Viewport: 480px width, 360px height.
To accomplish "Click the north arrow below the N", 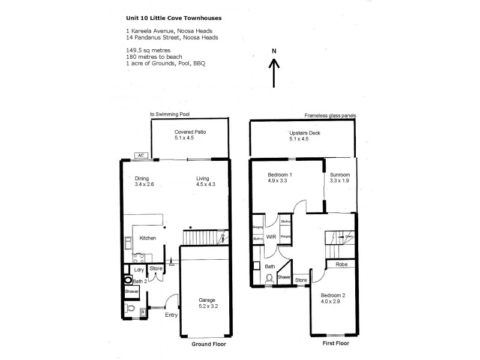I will [x=274, y=74].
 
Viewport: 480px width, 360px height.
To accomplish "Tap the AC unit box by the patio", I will [x=142, y=155].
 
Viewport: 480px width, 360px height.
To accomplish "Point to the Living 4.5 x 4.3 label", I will [x=206, y=181].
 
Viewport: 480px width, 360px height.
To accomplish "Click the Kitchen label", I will [x=148, y=238].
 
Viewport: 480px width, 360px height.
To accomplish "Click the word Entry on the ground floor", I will [x=170, y=316].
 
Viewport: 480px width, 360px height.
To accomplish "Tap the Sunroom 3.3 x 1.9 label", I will [x=340, y=178].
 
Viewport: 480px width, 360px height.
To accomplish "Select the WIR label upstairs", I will [x=271, y=238].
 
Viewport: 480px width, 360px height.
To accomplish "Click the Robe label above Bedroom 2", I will [x=340, y=263].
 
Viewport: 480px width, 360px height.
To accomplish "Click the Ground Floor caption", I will [x=208, y=345].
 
